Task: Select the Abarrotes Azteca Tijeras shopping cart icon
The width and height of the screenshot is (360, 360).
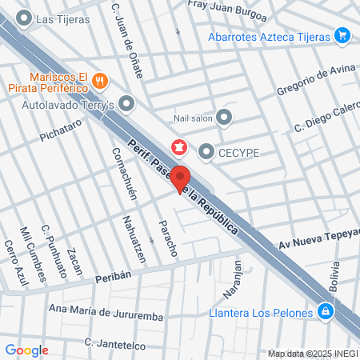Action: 342,36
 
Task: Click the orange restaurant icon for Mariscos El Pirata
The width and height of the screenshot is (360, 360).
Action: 99,79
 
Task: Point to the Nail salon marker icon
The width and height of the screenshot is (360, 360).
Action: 224,118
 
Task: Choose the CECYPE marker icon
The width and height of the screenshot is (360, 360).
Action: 206,150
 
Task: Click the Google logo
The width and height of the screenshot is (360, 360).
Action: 26,350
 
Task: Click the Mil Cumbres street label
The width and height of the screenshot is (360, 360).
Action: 33,254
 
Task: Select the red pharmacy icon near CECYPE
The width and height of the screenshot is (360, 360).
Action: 178,146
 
